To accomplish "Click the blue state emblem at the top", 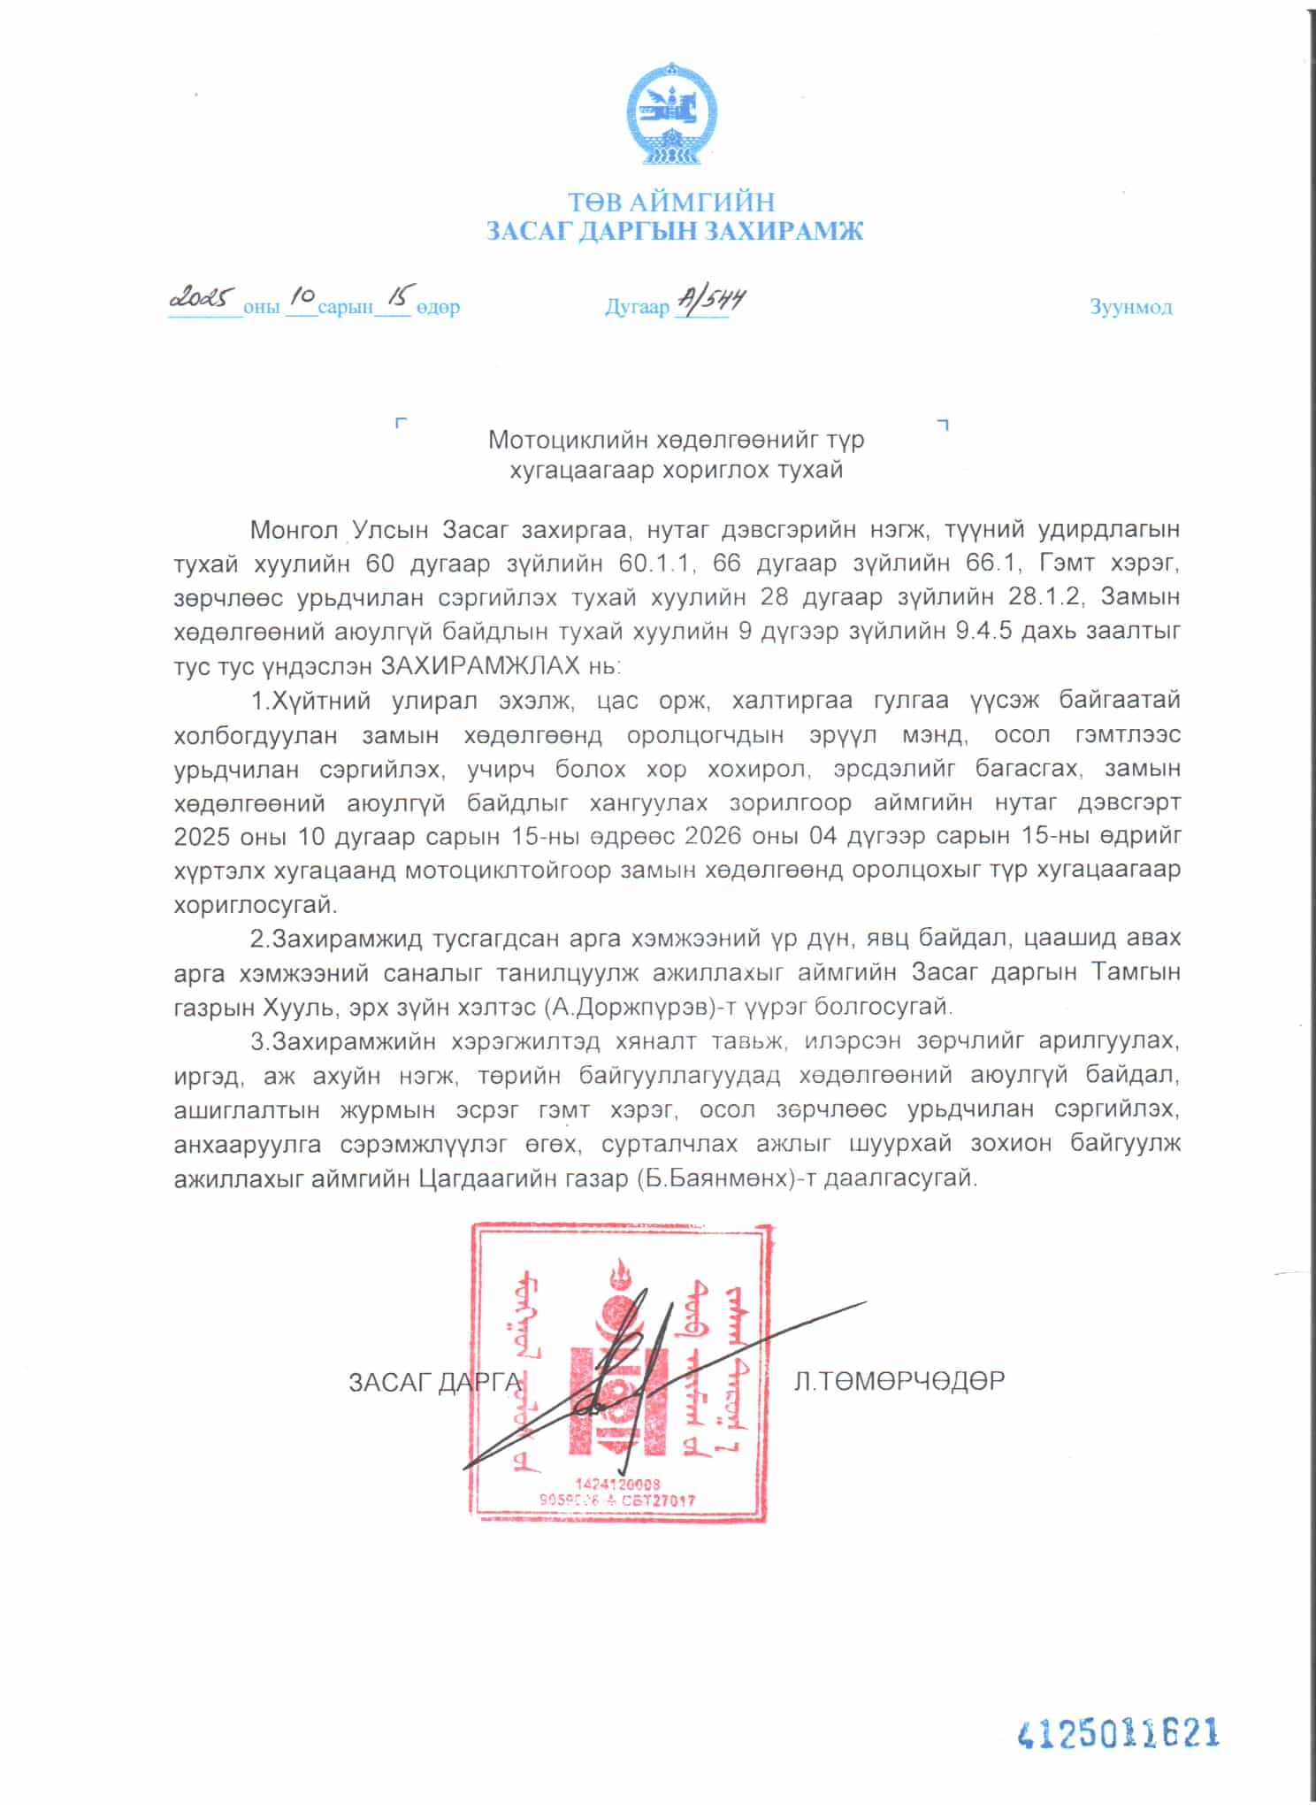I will (x=671, y=113).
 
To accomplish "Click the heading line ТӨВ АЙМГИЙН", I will (x=670, y=203).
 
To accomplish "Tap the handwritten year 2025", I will (x=203, y=298).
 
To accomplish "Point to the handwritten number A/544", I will (x=710, y=301).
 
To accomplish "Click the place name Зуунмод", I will (x=1130, y=307).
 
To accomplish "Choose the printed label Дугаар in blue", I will (x=637, y=308).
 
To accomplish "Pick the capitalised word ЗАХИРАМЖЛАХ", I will (x=480, y=665).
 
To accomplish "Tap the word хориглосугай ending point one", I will (x=256, y=905).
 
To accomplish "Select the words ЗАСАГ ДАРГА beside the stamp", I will (x=434, y=1382).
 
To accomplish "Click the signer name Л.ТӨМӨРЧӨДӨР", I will (x=899, y=1381).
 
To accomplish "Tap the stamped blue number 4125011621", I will (x=1119, y=1733).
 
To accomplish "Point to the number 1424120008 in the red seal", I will (x=617, y=1484).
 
